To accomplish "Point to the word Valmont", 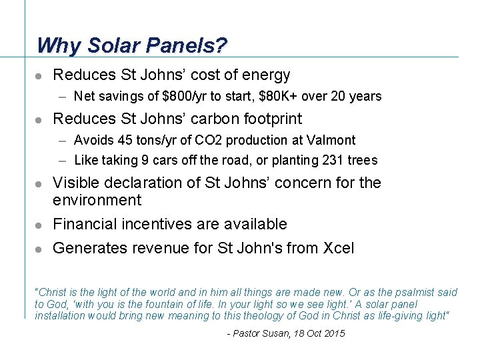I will pyautogui.click(x=331, y=141).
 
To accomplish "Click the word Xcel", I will pyautogui.click(x=338, y=249).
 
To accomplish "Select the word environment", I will pyautogui.click(x=97, y=201).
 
